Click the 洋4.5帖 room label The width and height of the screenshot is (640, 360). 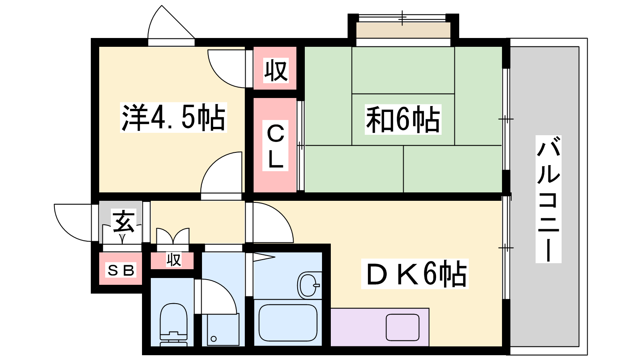tap(173, 118)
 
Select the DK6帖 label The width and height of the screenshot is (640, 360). tap(415, 274)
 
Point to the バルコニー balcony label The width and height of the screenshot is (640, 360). tap(548, 199)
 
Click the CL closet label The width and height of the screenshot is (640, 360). tap(275, 146)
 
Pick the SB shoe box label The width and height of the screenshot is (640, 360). tap(121, 270)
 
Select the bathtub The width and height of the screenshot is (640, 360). tap(288, 323)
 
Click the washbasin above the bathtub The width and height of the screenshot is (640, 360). tap(309, 285)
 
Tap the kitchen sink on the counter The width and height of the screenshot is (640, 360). tap(402, 327)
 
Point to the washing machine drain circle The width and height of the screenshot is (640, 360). tap(214, 339)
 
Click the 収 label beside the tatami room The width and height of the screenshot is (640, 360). tap(276, 70)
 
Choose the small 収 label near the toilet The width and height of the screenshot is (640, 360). tap(174, 260)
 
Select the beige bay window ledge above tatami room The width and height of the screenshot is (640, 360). tap(403, 30)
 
